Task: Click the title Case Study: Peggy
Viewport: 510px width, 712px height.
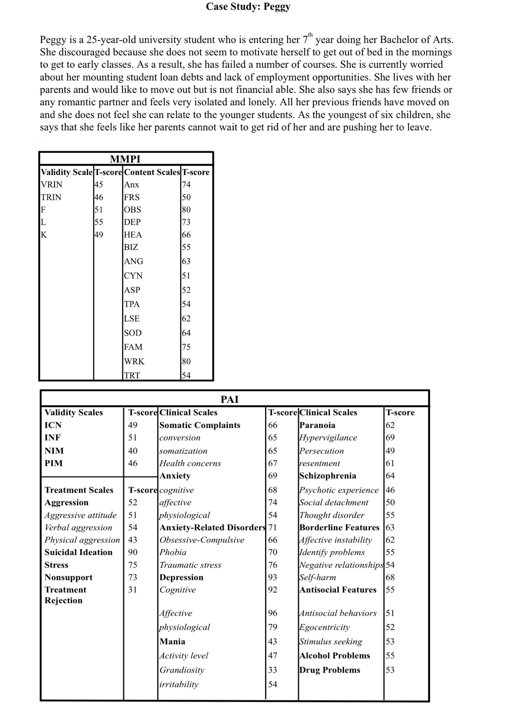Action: tap(248, 6)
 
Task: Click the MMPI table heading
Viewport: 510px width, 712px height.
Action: tap(125, 159)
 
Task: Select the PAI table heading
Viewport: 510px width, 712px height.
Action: tap(230, 399)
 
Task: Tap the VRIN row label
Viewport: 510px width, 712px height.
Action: tap(52, 185)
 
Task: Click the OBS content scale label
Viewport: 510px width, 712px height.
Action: tap(133, 209)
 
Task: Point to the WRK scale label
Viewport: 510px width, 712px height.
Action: tap(134, 361)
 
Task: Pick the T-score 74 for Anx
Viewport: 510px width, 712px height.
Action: tap(186, 185)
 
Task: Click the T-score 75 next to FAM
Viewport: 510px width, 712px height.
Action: tap(186, 347)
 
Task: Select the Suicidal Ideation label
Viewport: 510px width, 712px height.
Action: tap(78, 552)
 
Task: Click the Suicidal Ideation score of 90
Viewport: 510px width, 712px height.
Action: tap(133, 552)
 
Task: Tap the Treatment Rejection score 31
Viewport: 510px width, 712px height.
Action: tap(133, 590)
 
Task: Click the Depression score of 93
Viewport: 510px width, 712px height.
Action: tap(273, 577)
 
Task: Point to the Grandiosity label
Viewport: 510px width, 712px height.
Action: tap(182, 670)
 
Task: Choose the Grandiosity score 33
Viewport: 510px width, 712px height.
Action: tap(273, 670)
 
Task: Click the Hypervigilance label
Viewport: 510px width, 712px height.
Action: tap(328, 438)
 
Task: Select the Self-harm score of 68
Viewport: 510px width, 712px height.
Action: tap(390, 577)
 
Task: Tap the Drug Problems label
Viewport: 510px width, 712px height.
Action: tap(330, 670)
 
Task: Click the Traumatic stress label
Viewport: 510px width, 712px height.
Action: tap(190, 565)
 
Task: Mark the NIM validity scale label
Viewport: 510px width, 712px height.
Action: tap(54, 451)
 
